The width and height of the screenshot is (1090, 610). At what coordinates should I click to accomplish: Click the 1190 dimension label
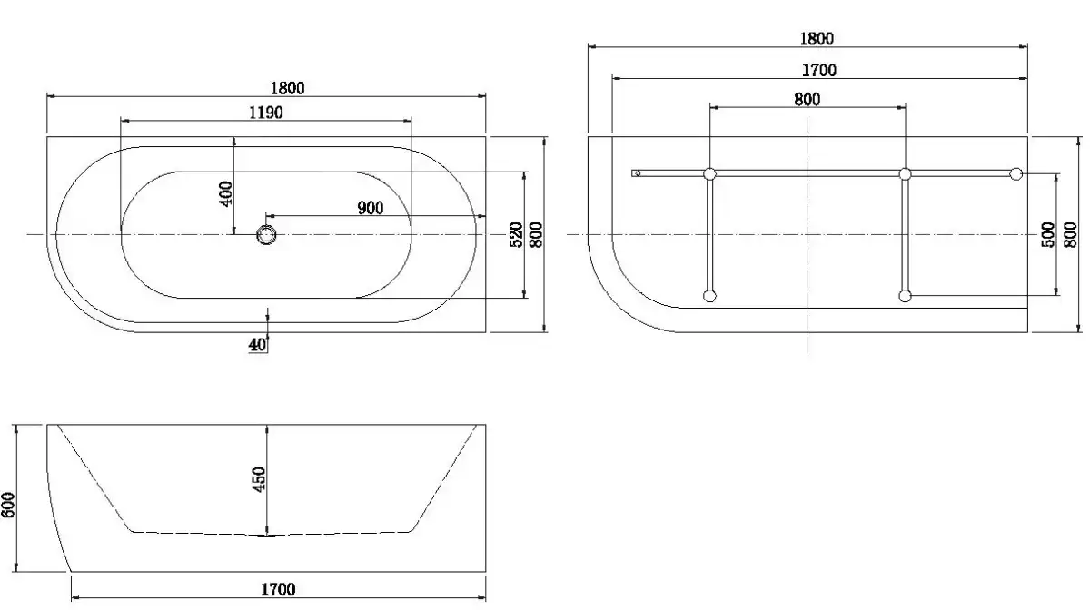pos(265,113)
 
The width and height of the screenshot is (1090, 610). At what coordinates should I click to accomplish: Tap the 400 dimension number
pos(226,193)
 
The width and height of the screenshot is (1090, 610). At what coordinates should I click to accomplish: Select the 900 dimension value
pos(371,208)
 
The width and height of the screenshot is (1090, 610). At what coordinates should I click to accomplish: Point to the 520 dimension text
pos(516,234)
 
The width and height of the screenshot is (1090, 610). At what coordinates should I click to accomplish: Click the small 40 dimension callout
pos(257,345)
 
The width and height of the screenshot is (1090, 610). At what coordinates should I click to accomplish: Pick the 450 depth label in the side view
pos(260,479)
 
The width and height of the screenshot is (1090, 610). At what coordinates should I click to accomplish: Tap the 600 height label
pos(8,505)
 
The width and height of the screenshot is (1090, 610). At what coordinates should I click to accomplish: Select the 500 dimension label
pos(1048,234)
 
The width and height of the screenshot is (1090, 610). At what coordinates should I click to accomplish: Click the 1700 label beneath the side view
pos(278,589)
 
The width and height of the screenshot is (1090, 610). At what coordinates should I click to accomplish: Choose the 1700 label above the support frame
pos(819,71)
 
